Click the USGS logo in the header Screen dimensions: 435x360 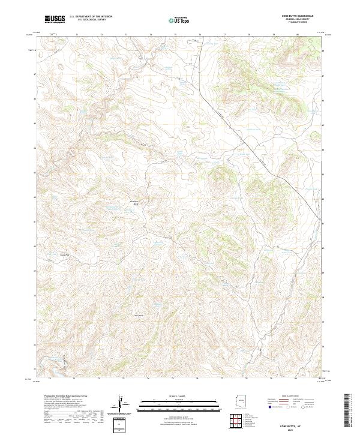tap(55, 19)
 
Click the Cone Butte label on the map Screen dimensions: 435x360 tap(138, 314)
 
